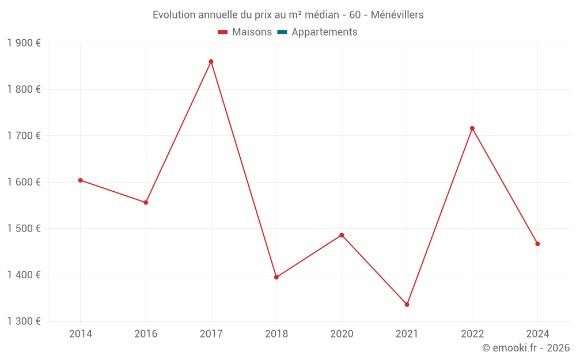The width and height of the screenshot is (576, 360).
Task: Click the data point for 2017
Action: (211, 62)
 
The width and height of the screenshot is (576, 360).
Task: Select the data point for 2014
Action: (81, 180)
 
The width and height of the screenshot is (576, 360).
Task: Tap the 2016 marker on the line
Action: (146, 203)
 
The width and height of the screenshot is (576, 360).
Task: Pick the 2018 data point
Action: (276, 277)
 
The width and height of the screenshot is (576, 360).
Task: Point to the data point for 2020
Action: (342, 235)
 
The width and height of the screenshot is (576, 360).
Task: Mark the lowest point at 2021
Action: (407, 305)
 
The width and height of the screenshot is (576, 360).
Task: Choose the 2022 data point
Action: (472, 128)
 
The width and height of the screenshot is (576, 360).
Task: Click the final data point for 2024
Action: (537, 244)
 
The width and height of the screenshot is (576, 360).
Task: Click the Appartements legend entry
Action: (324, 32)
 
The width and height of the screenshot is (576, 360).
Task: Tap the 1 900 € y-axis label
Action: (24, 43)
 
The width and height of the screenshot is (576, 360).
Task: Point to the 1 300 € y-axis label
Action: (24, 321)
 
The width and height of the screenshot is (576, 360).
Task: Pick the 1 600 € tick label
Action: (24, 182)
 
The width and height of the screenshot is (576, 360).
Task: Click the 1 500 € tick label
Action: (24, 229)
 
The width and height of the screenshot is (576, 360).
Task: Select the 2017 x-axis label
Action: (211, 334)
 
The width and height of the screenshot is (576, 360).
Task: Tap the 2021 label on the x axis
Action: (407, 334)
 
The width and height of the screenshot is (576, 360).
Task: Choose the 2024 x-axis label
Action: (537, 334)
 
